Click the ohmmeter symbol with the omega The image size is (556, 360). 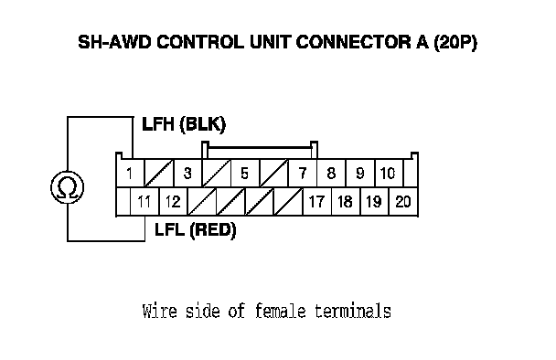point(68,187)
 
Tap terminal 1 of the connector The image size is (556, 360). point(130,173)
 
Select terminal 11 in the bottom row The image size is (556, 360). point(144,202)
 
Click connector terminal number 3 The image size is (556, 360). point(187,173)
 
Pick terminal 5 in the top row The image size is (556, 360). point(245,173)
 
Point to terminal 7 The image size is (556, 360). point(303,173)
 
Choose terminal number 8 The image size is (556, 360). point(331,173)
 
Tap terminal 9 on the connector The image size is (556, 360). point(360,173)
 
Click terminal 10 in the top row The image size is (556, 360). point(389,173)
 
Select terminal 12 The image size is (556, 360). point(174,202)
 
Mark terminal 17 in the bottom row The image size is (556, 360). point(317,202)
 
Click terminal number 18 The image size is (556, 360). point(346,202)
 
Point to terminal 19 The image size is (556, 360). point(374,202)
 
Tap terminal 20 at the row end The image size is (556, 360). point(403,202)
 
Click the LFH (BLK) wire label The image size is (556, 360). point(184,124)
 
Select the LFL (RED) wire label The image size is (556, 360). point(196,230)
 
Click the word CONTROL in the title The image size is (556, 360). point(200,42)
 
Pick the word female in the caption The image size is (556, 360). point(280,311)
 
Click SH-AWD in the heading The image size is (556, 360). point(114,42)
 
